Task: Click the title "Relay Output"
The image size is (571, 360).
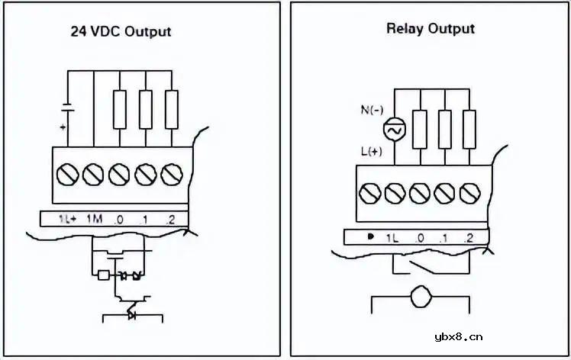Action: [430, 29]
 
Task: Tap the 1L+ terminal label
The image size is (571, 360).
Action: [67, 219]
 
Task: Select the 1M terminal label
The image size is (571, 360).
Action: [95, 219]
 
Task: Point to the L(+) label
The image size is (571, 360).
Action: [372, 153]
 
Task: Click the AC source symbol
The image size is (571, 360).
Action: [394, 131]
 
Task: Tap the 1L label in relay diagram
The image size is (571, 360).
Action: [393, 238]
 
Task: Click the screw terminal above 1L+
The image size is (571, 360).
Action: [67, 175]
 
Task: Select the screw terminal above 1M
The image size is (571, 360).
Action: [93, 175]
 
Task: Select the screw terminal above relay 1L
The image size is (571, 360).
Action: [394, 194]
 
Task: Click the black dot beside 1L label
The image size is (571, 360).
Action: [370, 237]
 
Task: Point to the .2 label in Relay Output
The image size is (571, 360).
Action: [469, 238]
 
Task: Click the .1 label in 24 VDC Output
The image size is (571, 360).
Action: [144, 220]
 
